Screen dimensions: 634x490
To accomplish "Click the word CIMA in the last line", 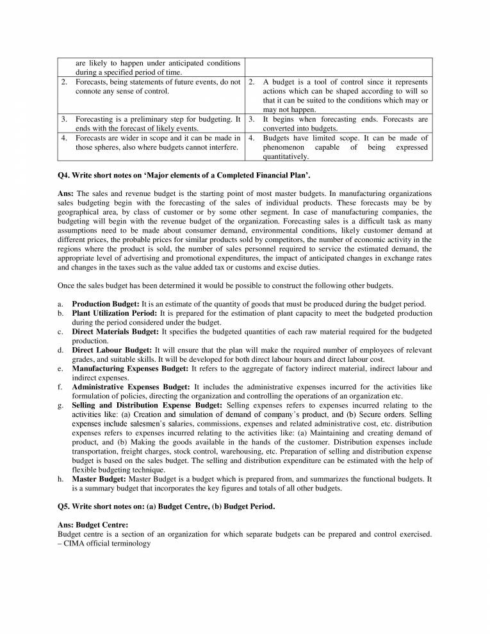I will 74,543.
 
